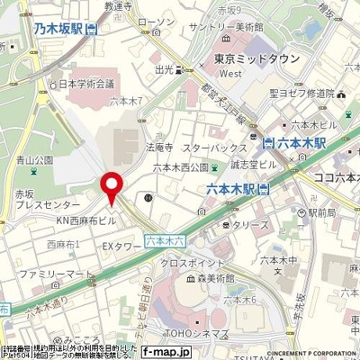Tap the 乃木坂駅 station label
click(59, 29)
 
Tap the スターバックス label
click(208, 146)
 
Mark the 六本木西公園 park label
click(180, 166)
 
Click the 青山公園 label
click(34, 160)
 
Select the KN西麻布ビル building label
click(86, 220)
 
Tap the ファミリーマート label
click(54, 273)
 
